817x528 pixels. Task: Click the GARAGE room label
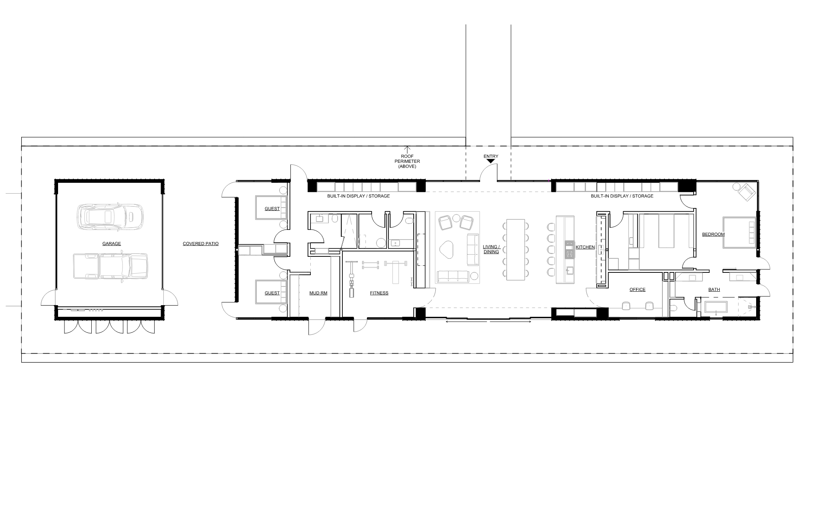[111, 244]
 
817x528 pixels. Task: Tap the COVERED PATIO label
[201, 244]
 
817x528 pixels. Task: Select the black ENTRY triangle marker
[491, 161]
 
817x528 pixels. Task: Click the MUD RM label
[318, 293]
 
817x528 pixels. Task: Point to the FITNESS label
[379, 293]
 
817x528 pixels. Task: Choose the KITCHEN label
[585, 247]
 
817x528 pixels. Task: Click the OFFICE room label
[637, 290]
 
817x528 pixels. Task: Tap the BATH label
[714, 290]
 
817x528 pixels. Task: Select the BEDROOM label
[713, 234]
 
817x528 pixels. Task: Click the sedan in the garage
[110, 217]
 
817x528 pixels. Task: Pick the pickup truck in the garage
[111, 266]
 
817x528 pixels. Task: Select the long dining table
[515, 249]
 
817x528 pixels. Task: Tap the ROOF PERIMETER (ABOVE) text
[407, 161]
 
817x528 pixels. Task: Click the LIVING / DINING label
[491, 249]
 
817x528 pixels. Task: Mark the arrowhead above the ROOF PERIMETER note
[408, 148]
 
